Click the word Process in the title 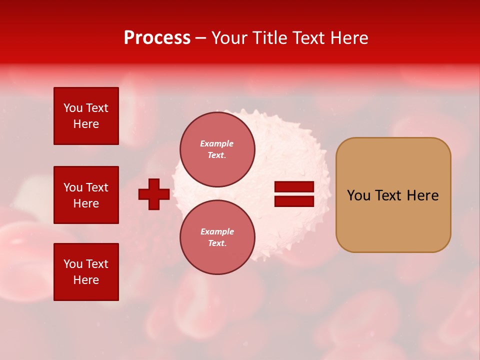[x=157, y=38]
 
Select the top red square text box [x=86, y=116]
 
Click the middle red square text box [x=86, y=195]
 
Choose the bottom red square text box [x=86, y=272]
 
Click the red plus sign [x=154, y=194]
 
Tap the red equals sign [x=294, y=194]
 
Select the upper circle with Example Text [x=217, y=149]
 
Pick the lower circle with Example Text [x=217, y=237]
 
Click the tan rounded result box [x=393, y=195]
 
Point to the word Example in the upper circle [x=217, y=143]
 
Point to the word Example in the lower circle [x=217, y=231]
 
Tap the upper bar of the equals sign [x=294, y=187]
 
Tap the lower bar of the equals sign [x=294, y=201]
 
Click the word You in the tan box [x=358, y=195]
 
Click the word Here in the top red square [x=86, y=124]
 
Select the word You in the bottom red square [x=73, y=264]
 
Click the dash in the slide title [x=201, y=38]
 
